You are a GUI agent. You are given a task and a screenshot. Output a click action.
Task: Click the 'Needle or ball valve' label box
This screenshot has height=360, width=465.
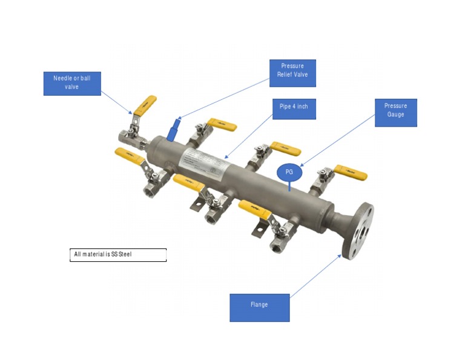(71, 84)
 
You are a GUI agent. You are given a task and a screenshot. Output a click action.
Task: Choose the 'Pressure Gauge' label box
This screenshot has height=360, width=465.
(395, 113)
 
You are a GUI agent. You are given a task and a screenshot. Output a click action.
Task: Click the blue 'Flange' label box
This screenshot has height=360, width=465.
(259, 307)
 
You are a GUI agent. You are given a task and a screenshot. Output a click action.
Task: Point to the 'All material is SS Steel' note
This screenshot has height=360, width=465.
(118, 255)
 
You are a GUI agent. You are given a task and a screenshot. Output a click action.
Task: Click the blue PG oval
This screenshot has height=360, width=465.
(289, 172)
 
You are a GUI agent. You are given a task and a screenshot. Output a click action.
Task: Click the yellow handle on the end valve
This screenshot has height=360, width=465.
(145, 105)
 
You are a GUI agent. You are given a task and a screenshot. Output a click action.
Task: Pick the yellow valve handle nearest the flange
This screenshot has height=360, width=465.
(351, 173)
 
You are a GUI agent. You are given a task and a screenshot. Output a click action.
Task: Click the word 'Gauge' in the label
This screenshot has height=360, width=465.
(395, 115)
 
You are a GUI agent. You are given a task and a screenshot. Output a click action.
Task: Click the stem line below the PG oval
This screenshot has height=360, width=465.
(289, 185)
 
